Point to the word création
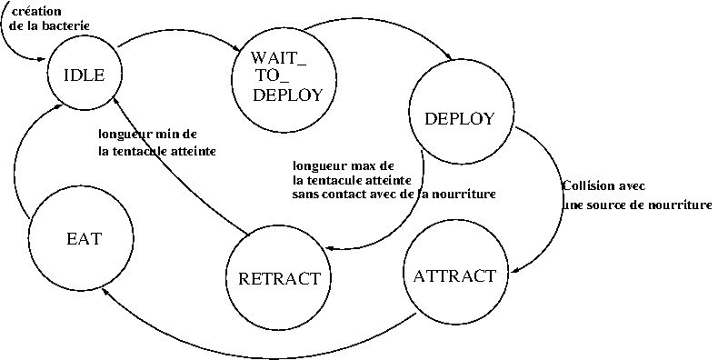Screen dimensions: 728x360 (x=36, y=11)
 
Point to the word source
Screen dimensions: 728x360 (x=606, y=205)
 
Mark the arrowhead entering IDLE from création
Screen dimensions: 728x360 (x=42, y=59)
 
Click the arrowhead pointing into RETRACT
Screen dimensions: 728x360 (x=330, y=248)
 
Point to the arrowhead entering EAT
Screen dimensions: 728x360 (x=105, y=291)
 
